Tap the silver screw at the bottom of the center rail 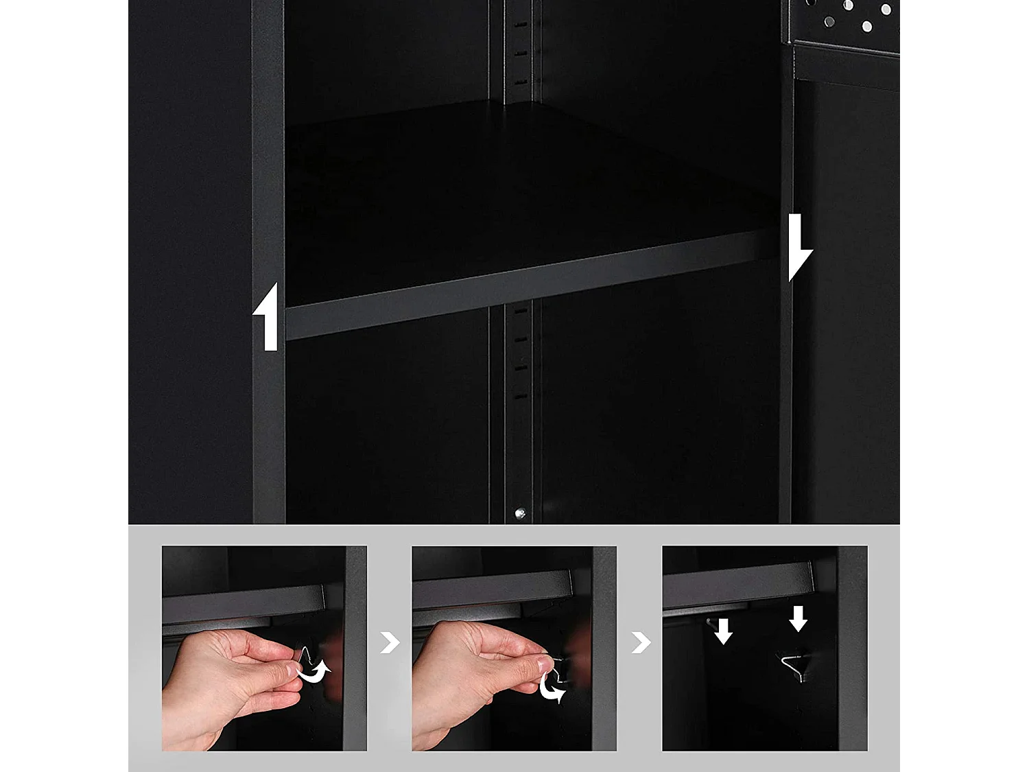pyautogui.click(x=520, y=513)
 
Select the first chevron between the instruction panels pyautogui.click(x=390, y=643)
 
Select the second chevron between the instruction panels pyautogui.click(x=641, y=643)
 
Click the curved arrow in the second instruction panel pyautogui.click(x=553, y=688)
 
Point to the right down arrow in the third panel pyautogui.click(x=798, y=618)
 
